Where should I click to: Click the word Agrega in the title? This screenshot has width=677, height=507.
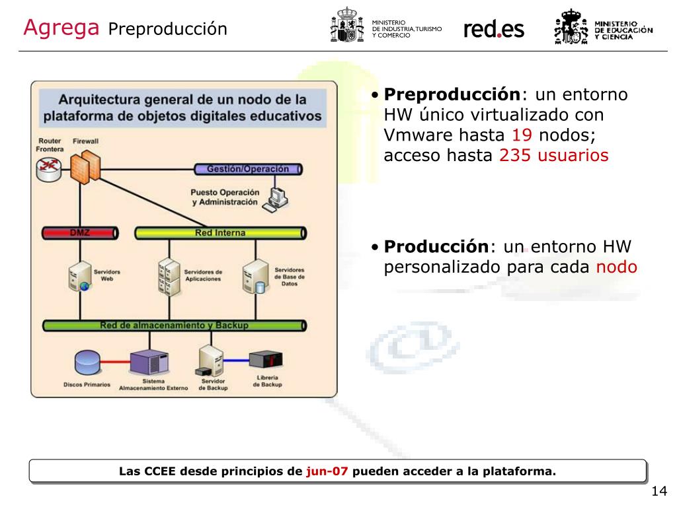pyautogui.click(x=61, y=28)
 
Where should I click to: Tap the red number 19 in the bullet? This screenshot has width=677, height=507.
pyautogui.click(x=522, y=135)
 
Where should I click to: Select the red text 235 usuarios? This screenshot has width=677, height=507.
pyautogui.click(x=553, y=156)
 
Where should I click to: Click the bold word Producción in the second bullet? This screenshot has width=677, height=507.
pyautogui.click(x=436, y=247)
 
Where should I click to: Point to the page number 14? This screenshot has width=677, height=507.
pyautogui.click(x=658, y=491)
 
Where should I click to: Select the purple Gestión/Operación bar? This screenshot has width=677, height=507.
pyautogui.click(x=248, y=169)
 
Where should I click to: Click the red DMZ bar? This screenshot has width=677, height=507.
pyautogui.click(x=80, y=233)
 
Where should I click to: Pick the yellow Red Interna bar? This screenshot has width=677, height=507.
pyautogui.click(x=220, y=233)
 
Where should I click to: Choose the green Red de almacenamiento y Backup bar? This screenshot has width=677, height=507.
pyautogui.click(x=175, y=325)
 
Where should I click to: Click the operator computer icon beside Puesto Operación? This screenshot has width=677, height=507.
pyautogui.click(x=274, y=199)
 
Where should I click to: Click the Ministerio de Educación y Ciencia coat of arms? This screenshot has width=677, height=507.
pyautogui.click(x=570, y=27)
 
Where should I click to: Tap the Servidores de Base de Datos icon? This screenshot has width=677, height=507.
pyautogui.click(x=256, y=275)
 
